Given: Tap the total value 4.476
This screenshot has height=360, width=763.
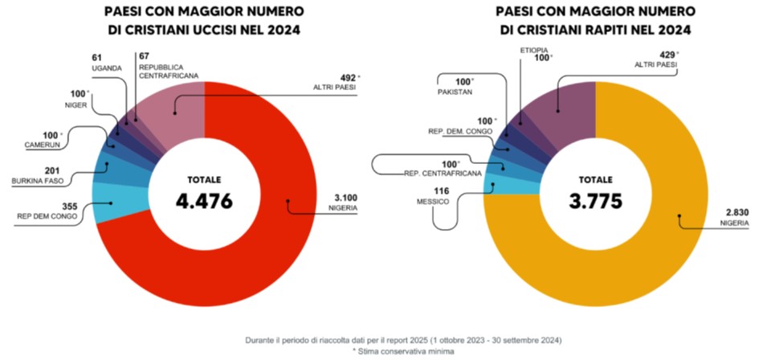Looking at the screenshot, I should (x=204, y=201).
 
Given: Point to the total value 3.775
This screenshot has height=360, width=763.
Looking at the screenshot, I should (x=595, y=201).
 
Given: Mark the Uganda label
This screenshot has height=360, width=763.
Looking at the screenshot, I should (x=106, y=68).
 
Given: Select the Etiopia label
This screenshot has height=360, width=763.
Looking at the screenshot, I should (x=534, y=50).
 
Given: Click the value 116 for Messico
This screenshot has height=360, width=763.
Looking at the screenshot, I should (x=441, y=190).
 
